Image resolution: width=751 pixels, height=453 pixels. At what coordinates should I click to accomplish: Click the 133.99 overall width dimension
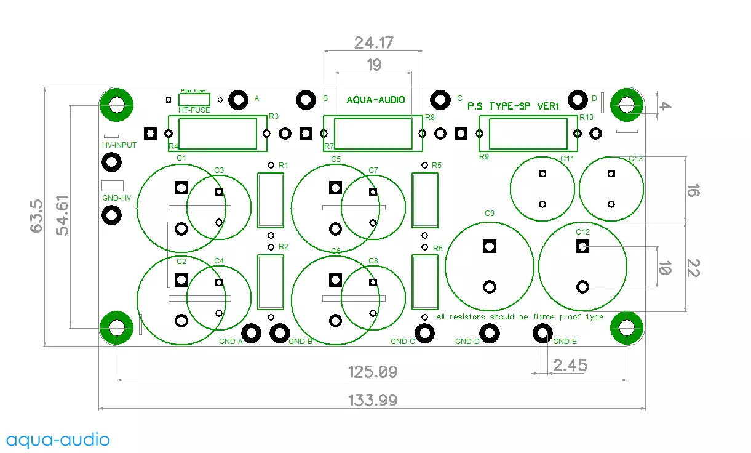click(x=373, y=400)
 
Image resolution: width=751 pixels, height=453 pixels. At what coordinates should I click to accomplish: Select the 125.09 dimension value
click(x=373, y=372)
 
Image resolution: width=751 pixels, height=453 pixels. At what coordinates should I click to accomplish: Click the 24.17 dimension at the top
click(x=373, y=42)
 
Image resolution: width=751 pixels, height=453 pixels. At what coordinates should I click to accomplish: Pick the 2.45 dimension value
click(x=570, y=365)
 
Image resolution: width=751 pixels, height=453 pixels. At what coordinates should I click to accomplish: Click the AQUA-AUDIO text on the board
click(x=376, y=100)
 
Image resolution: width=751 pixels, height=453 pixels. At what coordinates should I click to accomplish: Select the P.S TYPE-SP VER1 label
click(x=514, y=106)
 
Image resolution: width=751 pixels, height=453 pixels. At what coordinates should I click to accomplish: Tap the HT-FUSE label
click(x=194, y=110)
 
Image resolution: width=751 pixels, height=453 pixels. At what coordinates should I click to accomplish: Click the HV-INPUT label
click(x=119, y=145)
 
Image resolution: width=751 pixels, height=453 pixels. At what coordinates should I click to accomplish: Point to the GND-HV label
click(x=117, y=198)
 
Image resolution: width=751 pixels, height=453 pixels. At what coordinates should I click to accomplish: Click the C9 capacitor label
click(x=490, y=214)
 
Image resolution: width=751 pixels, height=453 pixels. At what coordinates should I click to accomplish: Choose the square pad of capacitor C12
click(x=582, y=247)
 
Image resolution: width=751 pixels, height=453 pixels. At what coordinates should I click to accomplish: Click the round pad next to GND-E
click(x=542, y=334)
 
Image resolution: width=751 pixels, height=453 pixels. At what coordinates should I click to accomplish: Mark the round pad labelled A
click(x=237, y=100)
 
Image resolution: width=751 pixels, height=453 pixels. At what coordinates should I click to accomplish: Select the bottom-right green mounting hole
click(x=627, y=327)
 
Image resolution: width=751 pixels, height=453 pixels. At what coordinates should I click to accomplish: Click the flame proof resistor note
click(x=520, y=317)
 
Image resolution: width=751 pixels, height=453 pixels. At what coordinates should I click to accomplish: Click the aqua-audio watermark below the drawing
click(x=58, y=439)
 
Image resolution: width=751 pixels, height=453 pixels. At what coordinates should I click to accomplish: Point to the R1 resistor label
click(x=284, y=166)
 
